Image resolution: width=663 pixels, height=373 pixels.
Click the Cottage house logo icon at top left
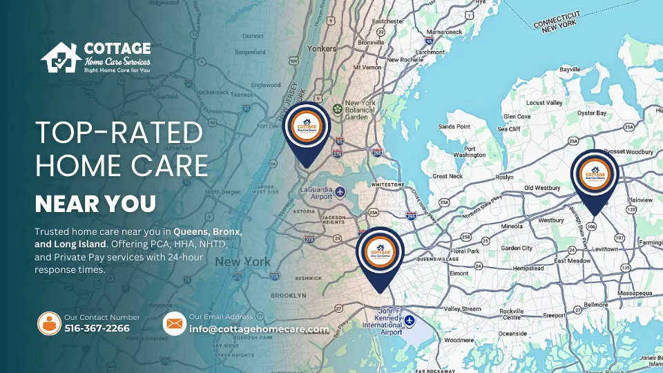pyautogui.click(x=59, y=57)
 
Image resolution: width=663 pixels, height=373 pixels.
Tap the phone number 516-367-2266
pyautogui.click(x=97, y=328)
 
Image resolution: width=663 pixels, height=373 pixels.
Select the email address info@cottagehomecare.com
pyautogui.click(x=258, y=329)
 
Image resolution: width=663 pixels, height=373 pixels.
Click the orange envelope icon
pyautogui.click(x=175, y=323)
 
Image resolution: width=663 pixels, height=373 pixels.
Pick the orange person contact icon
pyautogui.click(x=49, y=323)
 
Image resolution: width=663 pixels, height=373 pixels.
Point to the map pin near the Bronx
pyautogui.click(x=307, y=131)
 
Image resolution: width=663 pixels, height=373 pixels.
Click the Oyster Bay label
pyautogui.click(x=591, y=113)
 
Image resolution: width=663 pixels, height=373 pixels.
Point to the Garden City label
pyautogui.click(x=517, y=248)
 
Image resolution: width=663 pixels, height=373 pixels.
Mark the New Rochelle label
pyautogui.click(x=403, y=60)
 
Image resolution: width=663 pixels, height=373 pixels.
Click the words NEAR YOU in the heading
pyautogui.click(x=95, y=204)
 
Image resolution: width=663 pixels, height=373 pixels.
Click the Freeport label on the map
pyautogui.click(x=554, y=315)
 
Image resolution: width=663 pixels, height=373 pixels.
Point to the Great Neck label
pyautogui.click(x=447, y=176)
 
